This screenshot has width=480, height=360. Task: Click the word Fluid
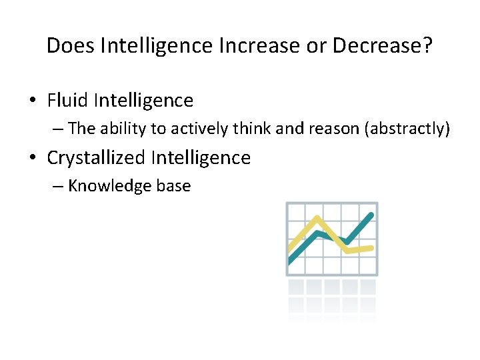(68, 101)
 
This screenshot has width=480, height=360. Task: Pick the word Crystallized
(96, 158)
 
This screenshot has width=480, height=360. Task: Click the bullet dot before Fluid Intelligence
(33, 101)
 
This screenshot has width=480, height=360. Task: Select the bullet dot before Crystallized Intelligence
(33, 159)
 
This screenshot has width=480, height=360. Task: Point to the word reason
(333, 129)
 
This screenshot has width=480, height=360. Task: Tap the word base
(173, 186)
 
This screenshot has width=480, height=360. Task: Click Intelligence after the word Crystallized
(201, 158)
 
